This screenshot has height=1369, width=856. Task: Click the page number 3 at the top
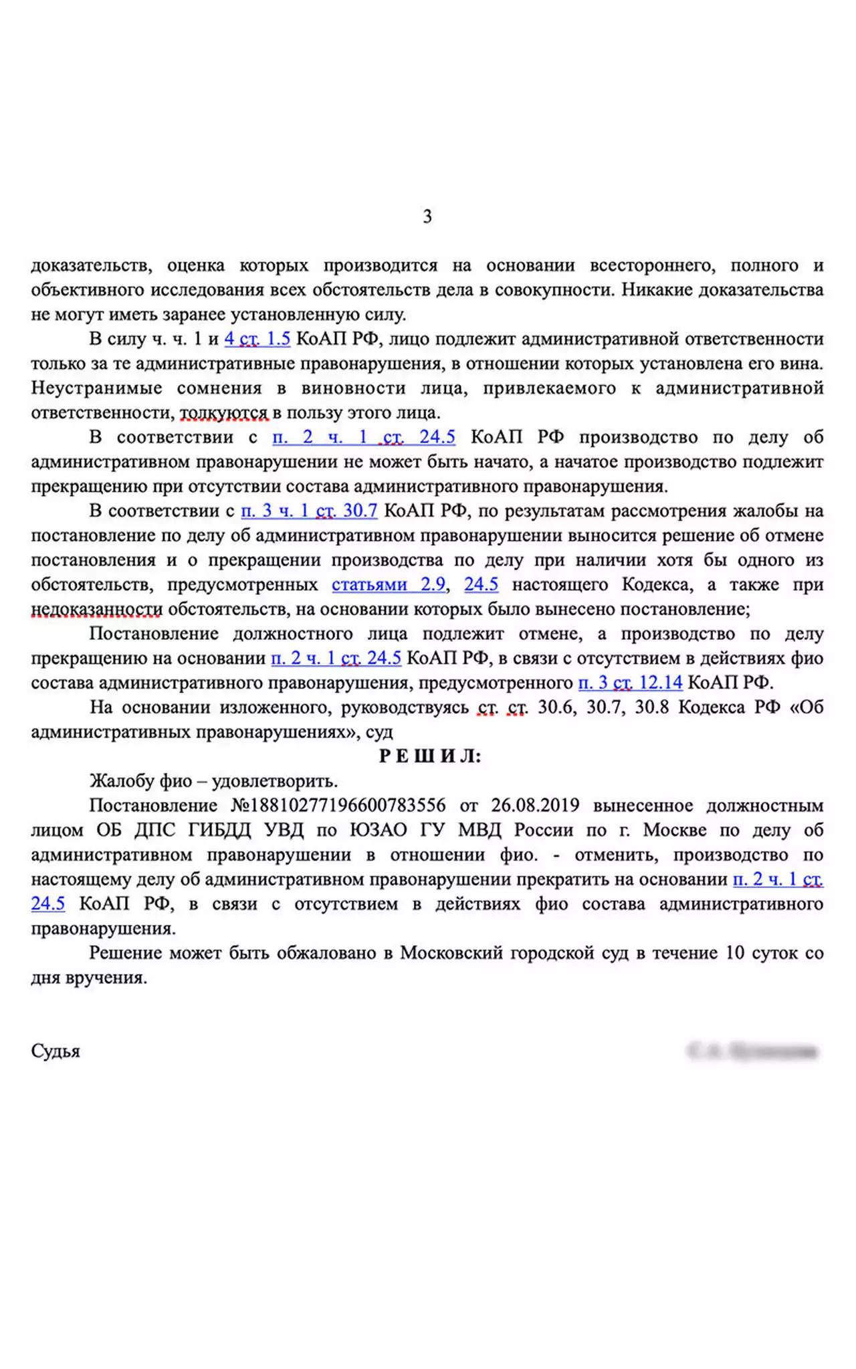(x=427, y=217)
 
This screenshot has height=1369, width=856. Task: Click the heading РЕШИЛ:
(x=430, y=756)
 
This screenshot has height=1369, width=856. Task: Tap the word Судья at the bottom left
(x=56, y=1051)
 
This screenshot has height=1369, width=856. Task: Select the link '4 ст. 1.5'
(x=257, y=339)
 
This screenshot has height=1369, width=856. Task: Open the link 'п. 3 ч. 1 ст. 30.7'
(x=309, y=511)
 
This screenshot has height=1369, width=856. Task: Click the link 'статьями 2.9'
(x=389, y=585)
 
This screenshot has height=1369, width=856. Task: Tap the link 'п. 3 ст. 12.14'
(x=630, y=682)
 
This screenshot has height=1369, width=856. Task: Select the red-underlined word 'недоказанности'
(x=97, y=610)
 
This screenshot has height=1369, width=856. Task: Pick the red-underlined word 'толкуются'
(x=224, y=413)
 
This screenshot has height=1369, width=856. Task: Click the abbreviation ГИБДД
(x=219, y=830)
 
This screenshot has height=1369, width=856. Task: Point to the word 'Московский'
(x=451, y=953)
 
